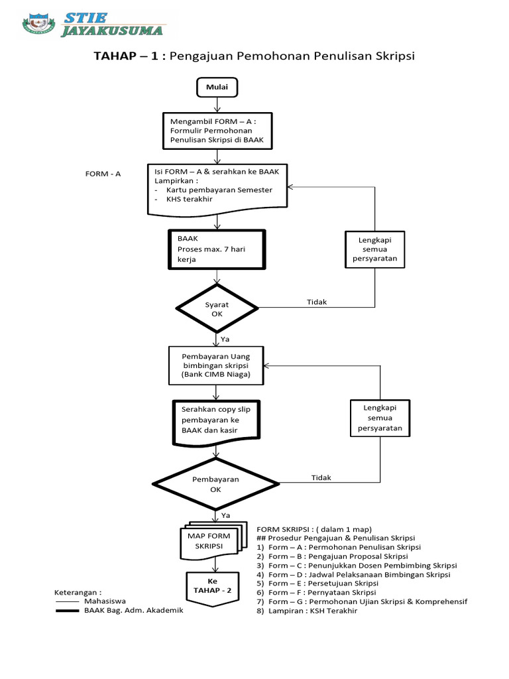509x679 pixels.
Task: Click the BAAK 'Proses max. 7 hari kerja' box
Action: point(217,249)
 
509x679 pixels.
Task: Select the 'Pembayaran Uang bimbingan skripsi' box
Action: point(217,365)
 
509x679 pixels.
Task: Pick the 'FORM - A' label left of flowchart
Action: point(103,174)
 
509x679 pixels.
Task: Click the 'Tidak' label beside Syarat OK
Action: point(317,302)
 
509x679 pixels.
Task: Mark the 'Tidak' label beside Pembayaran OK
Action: point(321,477)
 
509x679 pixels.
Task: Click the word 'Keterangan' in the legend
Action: point(78,592)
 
